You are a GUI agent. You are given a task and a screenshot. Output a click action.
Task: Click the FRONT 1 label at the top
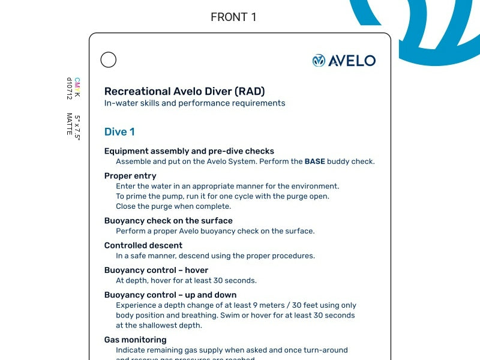[233, 17]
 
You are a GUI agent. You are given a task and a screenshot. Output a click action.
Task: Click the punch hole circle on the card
[109, 60]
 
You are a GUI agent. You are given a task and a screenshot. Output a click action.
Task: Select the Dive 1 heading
[119, 132]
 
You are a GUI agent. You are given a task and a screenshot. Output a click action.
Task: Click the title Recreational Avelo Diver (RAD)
[184, 91]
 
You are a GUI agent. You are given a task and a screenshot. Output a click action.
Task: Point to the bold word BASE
[315, 161]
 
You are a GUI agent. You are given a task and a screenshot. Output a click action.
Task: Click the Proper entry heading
[130, 176]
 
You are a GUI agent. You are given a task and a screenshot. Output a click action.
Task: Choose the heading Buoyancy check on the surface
[168, 221]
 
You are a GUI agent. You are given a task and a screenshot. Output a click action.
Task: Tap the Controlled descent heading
[143, 245]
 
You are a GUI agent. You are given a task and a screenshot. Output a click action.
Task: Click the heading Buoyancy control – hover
[156, 270]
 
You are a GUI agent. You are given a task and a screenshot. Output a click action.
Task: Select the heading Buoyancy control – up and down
[170, 295]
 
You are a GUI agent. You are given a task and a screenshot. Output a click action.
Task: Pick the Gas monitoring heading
[135, 340]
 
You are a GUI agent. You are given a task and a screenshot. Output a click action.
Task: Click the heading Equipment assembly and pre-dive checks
[189, 151]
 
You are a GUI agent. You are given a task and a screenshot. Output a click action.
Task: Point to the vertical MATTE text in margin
[70, 124]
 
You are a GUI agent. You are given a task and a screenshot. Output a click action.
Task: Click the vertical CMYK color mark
[77, 88]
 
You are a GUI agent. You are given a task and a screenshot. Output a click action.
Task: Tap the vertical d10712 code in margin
[70, 88]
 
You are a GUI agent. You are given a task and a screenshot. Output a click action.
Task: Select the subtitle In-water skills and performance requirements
[194, 103]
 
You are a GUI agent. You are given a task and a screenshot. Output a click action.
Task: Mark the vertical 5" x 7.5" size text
[77, 127]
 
